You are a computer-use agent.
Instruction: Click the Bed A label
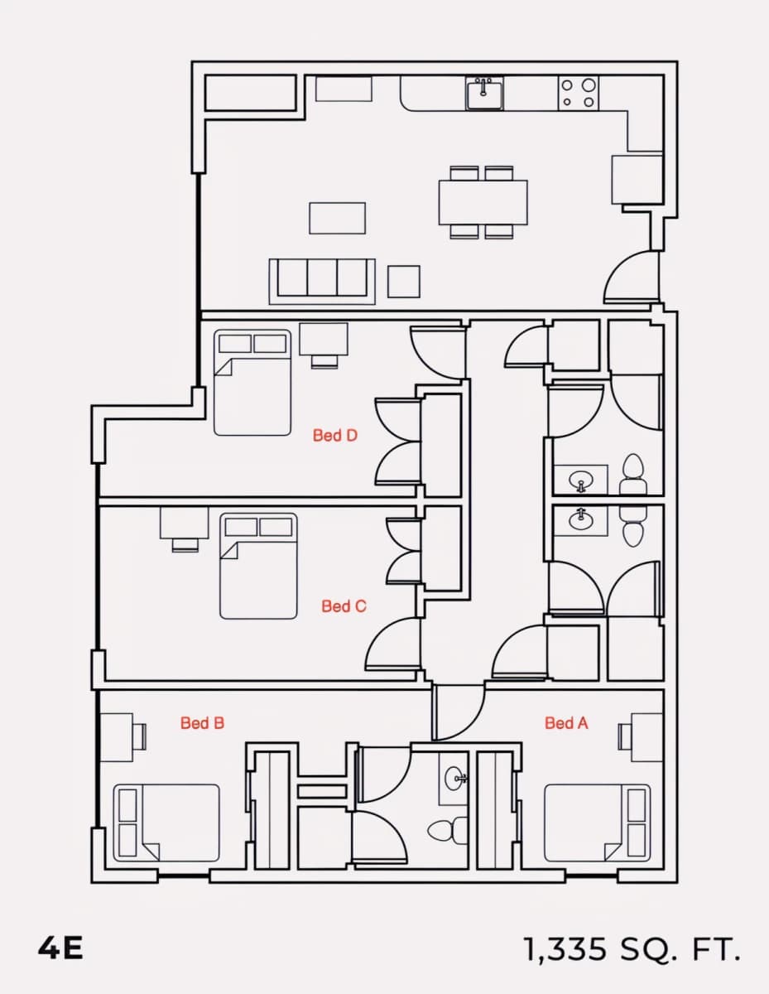[566, 723]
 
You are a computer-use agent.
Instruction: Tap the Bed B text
[203, 723]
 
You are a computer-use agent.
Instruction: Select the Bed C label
[344, 606]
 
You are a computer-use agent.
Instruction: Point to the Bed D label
[335, 435]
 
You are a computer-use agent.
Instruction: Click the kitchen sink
[485, 94]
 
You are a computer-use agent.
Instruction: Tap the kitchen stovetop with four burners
[579, 94]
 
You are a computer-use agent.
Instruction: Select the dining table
[483, 202]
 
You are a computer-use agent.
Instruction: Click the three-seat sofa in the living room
[322, 282]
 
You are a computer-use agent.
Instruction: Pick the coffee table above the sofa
[337, 218]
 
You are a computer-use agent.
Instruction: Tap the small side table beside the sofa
[404, 282]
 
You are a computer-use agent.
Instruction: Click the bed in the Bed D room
[252, 383]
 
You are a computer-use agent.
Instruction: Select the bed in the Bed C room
[258, 566]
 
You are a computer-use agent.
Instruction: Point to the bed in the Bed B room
[166, 823]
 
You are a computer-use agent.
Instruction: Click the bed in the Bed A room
[598, 823]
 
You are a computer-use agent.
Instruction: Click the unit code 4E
[60, 948]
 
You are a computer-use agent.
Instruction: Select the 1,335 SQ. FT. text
[632, 949]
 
